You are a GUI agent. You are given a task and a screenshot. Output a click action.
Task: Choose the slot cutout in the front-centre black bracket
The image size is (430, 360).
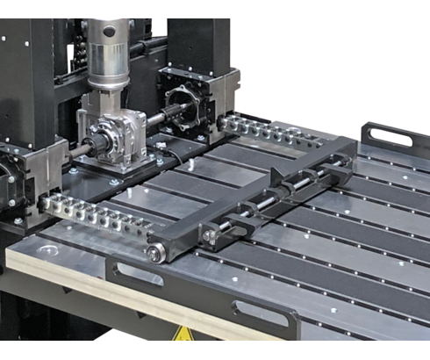click(x=260, y=313)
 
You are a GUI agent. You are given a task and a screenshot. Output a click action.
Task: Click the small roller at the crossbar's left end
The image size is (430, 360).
click(x=155, y=255)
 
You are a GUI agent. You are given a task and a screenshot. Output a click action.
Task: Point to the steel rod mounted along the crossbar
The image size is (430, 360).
click(x=290, y=193)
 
